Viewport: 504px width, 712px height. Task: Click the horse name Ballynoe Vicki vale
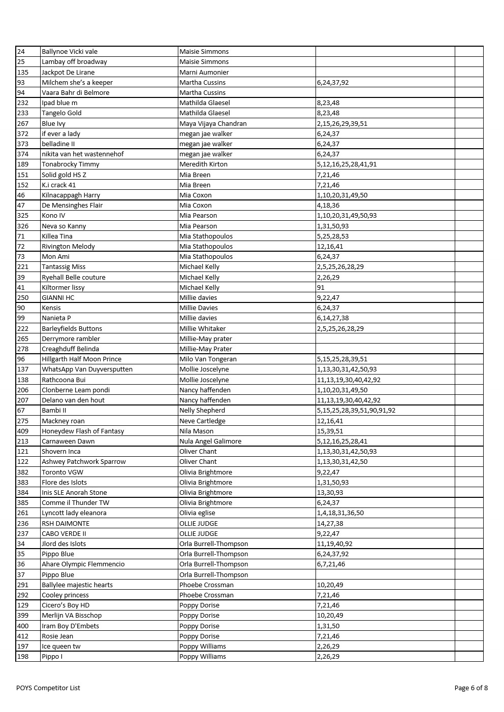(70, 51)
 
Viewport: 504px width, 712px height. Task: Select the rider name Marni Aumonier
(204, 72)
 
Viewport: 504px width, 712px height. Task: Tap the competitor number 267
(23, 123)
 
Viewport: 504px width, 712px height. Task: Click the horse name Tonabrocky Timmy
(71, 164)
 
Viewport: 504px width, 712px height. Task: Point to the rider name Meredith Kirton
(203, 164)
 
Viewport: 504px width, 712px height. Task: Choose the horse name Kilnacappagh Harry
(71, 195)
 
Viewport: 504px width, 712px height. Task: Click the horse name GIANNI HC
(58, 297)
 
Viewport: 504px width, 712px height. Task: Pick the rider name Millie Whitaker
(202, 328)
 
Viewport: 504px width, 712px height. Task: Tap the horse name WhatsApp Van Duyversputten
(87, 369)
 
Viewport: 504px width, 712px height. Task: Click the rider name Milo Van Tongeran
(208, 359)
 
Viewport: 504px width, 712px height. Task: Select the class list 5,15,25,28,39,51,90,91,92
(356, 410)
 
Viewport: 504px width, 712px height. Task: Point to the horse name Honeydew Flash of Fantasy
(83, 431)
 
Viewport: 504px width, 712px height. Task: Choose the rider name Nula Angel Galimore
(210, 441)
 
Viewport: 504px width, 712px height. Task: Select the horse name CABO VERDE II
(64, 533)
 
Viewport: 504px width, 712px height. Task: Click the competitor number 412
(23, 636)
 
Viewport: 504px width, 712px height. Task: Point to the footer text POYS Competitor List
(48, 688)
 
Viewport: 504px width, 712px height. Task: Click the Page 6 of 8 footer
(470, 688)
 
